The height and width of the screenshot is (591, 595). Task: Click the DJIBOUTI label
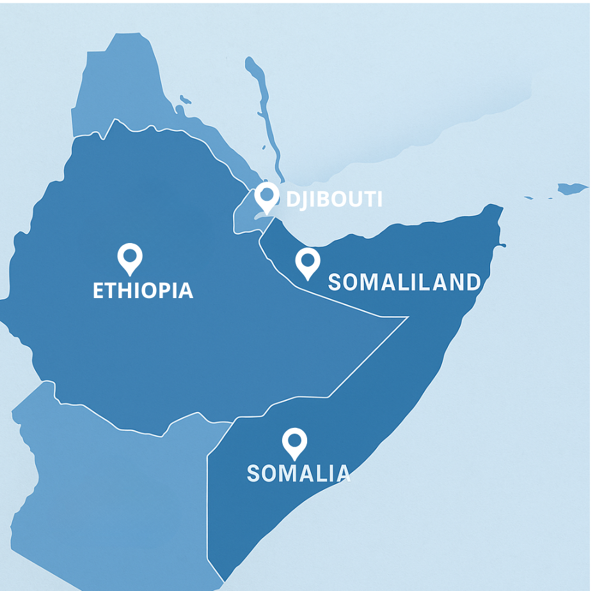334,199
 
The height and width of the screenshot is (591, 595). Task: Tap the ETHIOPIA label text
143,290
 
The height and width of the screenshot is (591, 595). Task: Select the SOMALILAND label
404,282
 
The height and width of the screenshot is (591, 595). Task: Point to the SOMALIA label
298,473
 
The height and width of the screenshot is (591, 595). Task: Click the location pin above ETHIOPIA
130,257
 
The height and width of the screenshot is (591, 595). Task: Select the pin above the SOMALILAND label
307,262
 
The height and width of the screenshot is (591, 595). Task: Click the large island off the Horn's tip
571,188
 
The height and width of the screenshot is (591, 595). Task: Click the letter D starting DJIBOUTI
292,199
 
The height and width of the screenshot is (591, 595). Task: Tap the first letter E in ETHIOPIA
99,290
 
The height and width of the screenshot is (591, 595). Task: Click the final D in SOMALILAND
473,282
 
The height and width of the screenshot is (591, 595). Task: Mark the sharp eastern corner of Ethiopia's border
408,317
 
